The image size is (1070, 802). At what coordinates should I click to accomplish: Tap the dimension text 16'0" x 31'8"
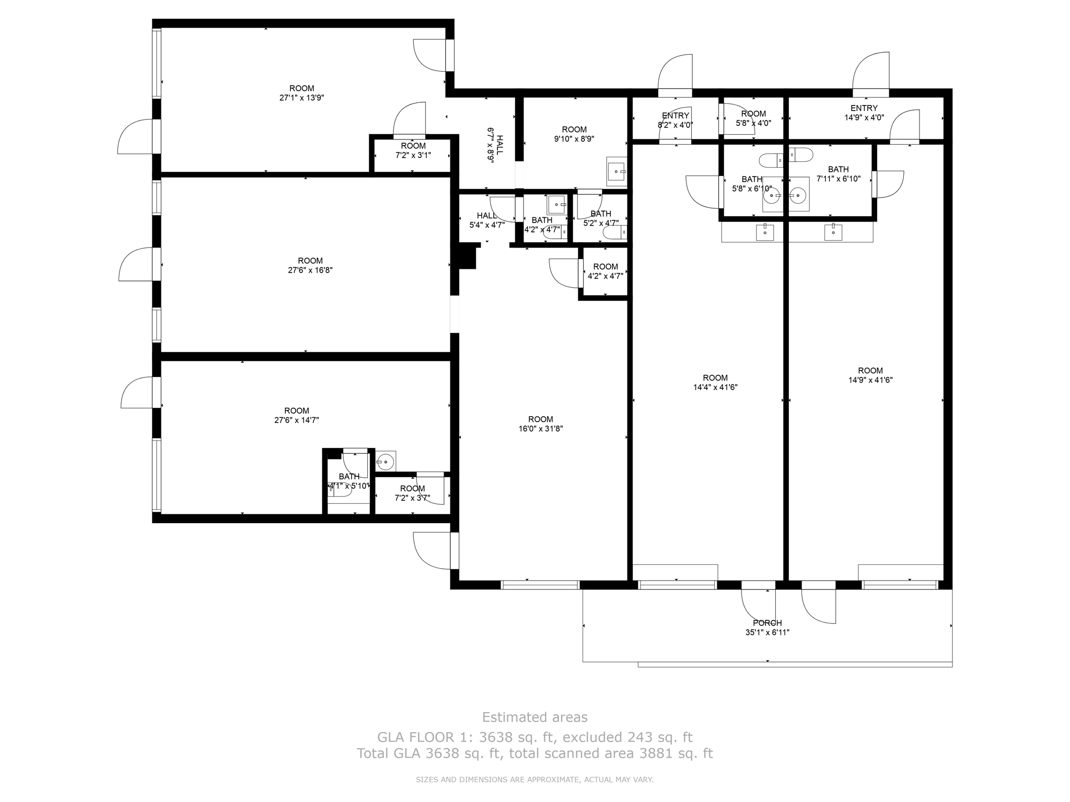[540, 429]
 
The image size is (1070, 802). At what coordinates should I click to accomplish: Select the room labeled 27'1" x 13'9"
[301, 93]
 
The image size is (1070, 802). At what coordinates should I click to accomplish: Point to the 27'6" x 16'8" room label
[310, 265]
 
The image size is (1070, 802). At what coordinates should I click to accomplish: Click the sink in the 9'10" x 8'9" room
[617, 171]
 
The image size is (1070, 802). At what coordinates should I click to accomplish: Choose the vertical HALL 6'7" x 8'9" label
[495, 146]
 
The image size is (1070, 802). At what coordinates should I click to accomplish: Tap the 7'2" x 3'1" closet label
[413, 150]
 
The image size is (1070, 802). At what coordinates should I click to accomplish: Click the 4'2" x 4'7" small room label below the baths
[605, 272]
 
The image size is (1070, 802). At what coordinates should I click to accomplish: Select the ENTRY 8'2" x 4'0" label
[675, 120]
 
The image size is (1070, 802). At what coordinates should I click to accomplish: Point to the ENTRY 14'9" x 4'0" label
[864, 113]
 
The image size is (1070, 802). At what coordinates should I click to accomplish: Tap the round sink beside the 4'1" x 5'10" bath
[385, 462]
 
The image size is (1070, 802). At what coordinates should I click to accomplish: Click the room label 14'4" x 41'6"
[715, 382]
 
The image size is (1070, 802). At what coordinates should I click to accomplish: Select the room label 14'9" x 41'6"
[870, 375]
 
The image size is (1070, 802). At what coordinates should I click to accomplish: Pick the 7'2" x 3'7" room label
[412, 493]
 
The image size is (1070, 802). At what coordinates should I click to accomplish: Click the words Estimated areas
[534, 717]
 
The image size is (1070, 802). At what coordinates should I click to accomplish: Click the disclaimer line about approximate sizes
[534, 780]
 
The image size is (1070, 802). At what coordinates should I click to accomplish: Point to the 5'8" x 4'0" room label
[753, 119]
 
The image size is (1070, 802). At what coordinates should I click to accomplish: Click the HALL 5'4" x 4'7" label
[486, 220]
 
